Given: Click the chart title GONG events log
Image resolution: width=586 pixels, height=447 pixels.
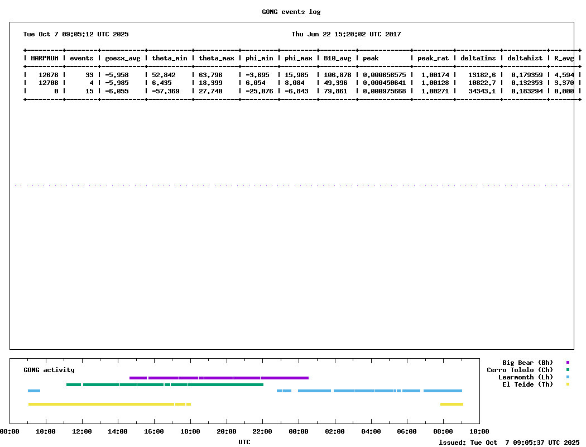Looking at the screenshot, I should click(x=291, y=12).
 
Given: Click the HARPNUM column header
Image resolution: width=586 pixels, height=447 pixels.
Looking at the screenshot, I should click(x=45, y=58).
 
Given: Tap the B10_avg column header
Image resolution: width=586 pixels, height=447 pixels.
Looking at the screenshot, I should click(x=338, y=58).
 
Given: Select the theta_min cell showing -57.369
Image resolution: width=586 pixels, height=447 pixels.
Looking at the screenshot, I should click(x=166, y=91).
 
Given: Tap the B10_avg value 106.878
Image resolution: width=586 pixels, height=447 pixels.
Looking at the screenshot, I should click(x=338, y=75).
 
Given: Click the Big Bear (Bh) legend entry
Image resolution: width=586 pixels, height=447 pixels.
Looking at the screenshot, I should click(x=527, y=363).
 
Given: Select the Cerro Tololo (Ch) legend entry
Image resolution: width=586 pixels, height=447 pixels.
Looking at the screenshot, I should click(x=520, y=370).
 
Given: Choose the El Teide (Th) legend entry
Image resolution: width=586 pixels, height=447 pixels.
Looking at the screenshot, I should click(x=527, y=384).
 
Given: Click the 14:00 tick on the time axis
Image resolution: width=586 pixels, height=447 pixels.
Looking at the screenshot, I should click(x=118, y=431).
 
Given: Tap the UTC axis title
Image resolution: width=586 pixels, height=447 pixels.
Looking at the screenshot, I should click(x=244, y=442).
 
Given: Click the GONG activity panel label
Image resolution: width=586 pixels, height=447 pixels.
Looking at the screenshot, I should click(x=49, y=370).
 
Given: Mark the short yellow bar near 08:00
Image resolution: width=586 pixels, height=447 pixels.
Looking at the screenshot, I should click(x=451, y=404).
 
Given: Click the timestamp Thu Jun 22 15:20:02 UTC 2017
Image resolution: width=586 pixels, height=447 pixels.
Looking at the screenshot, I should click(x=346, y=34).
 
